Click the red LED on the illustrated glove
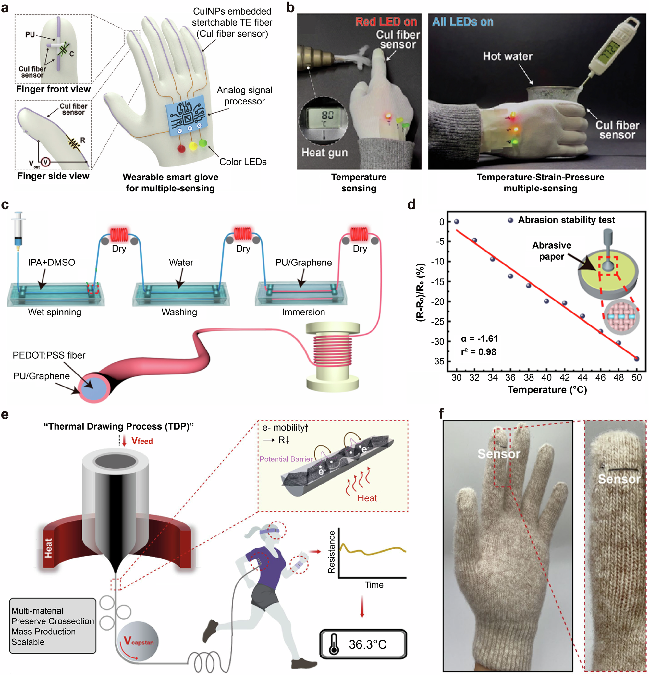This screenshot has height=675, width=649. [x=181, y=148]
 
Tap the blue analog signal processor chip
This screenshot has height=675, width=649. [x=187, y=116]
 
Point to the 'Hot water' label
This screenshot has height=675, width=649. [x=507, y=56]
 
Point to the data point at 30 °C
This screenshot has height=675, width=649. [x=456, y=221]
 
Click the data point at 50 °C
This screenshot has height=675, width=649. [x=636, y=359]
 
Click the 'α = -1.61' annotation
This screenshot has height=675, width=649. [x=479, y=338]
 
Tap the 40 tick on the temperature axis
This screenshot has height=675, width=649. [x=546, y=378]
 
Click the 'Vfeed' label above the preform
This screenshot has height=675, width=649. [x=141, y=441]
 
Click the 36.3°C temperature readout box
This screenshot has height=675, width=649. [x=363, y=644]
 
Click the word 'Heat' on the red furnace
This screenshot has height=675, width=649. [x=49, y=548]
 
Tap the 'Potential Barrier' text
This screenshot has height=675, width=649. [x=286, y=459]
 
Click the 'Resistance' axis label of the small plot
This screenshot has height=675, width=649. [x=331, y=552]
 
